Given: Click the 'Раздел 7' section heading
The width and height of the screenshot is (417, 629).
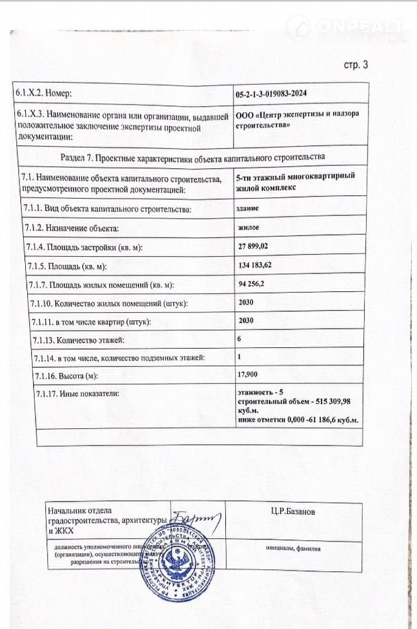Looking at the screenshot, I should tap(193, 157).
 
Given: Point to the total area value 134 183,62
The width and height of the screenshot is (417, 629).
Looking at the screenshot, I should tap(260, 265).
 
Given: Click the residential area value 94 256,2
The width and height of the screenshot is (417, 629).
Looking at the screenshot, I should tap(255, 284).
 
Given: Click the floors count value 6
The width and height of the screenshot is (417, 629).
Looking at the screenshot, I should tap(240, 339).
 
